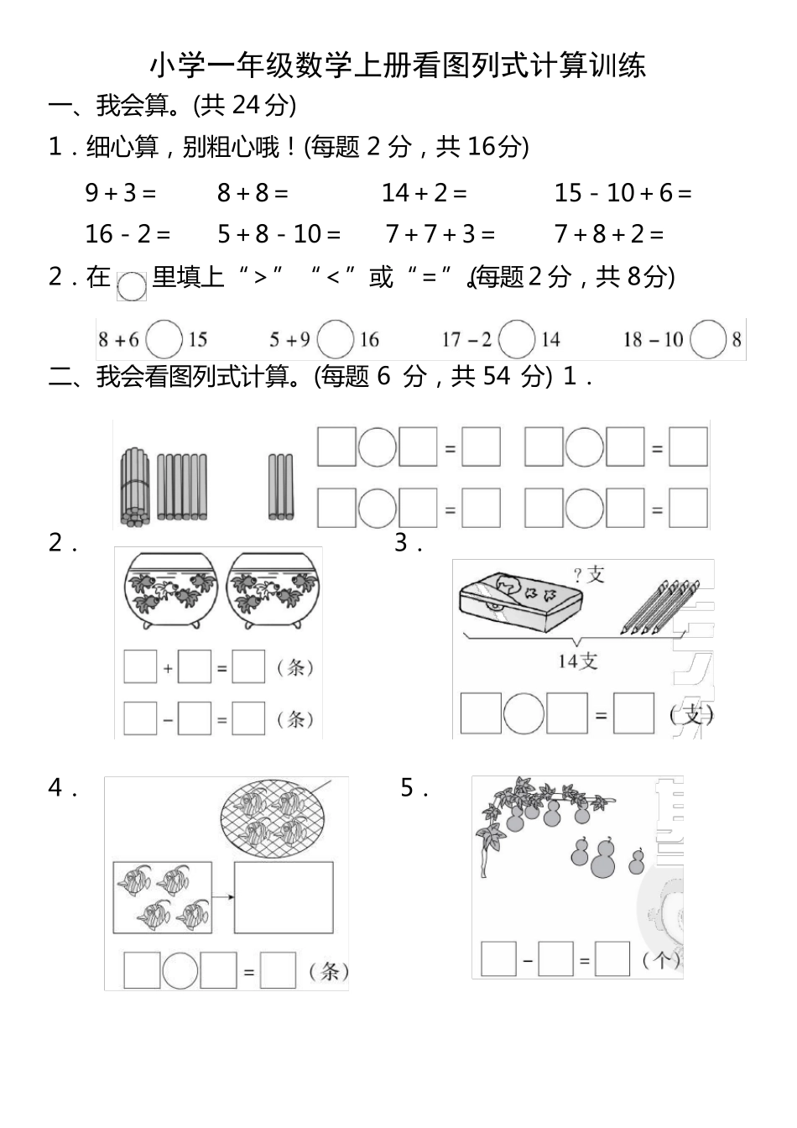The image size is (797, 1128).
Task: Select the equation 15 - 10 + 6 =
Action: tap(622, 193)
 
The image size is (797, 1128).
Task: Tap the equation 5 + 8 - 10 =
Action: tap(279, 233)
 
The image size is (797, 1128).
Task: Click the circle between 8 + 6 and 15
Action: tap(164, 340)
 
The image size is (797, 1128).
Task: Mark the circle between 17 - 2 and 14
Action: tap(516, 340)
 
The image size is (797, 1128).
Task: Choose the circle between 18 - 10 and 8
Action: tap(709, 340)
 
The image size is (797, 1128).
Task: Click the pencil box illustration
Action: tap(520, 603)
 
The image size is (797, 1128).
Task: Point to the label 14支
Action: tap(577, 661)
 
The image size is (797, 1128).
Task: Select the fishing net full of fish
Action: tap(272, 818)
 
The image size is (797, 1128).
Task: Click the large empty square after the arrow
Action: tap(284, 897)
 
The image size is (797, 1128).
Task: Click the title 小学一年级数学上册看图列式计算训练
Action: tap(398, 65)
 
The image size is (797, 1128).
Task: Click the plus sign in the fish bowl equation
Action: tap(168, 669)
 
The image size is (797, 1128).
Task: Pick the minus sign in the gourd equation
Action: tap(528, 960)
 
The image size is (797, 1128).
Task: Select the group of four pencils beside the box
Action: tap(659, 606)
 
